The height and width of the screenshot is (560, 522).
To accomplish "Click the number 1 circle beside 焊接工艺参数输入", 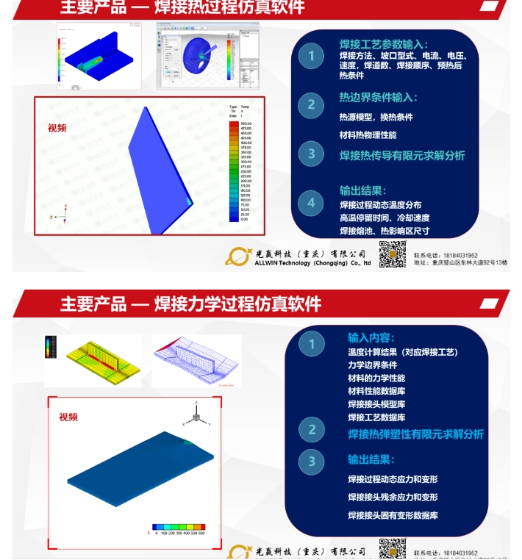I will pyautogui.click(x=311, y=57).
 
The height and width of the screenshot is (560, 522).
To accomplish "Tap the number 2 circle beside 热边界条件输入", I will pyautogui.click(x=311, y=104).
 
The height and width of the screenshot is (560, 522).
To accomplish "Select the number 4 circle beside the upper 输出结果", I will pyautogui.click(x=311, y=203).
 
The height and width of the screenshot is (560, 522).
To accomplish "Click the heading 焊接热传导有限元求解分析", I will pyautogui.click(x=401, y=156).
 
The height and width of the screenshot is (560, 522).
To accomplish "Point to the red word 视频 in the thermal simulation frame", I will pyautogui.click(x=57, y=128).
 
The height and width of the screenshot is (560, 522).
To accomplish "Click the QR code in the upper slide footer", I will pyautogui.click(x=392, y=254).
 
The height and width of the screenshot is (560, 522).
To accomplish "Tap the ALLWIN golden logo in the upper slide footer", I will pyautogui.click(x=238, y=256).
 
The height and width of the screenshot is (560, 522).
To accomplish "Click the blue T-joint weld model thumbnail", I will pyautogui.click(x=99, y=56).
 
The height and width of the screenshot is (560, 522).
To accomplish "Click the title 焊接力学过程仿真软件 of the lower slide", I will pyautogui.click(x=237, y=304).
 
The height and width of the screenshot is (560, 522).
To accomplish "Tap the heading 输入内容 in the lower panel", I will pyautogui.click(x=371, y=337).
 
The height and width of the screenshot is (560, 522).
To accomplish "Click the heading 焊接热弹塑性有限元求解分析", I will pyautogui.click(x=415, y=434).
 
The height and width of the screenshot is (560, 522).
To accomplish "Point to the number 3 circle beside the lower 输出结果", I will pyautogui.click(x=312, y=461).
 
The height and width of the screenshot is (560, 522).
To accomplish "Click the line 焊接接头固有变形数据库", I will pyautogui.click(x=393, y=515).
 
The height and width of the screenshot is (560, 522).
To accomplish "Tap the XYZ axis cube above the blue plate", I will pyautogui.click(x=196, y=416).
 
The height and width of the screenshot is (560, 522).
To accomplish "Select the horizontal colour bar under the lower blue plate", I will pyautogui.click(x=179, y=527).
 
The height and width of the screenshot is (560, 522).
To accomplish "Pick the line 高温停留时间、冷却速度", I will pyautogui.click(x=385, y=218).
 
